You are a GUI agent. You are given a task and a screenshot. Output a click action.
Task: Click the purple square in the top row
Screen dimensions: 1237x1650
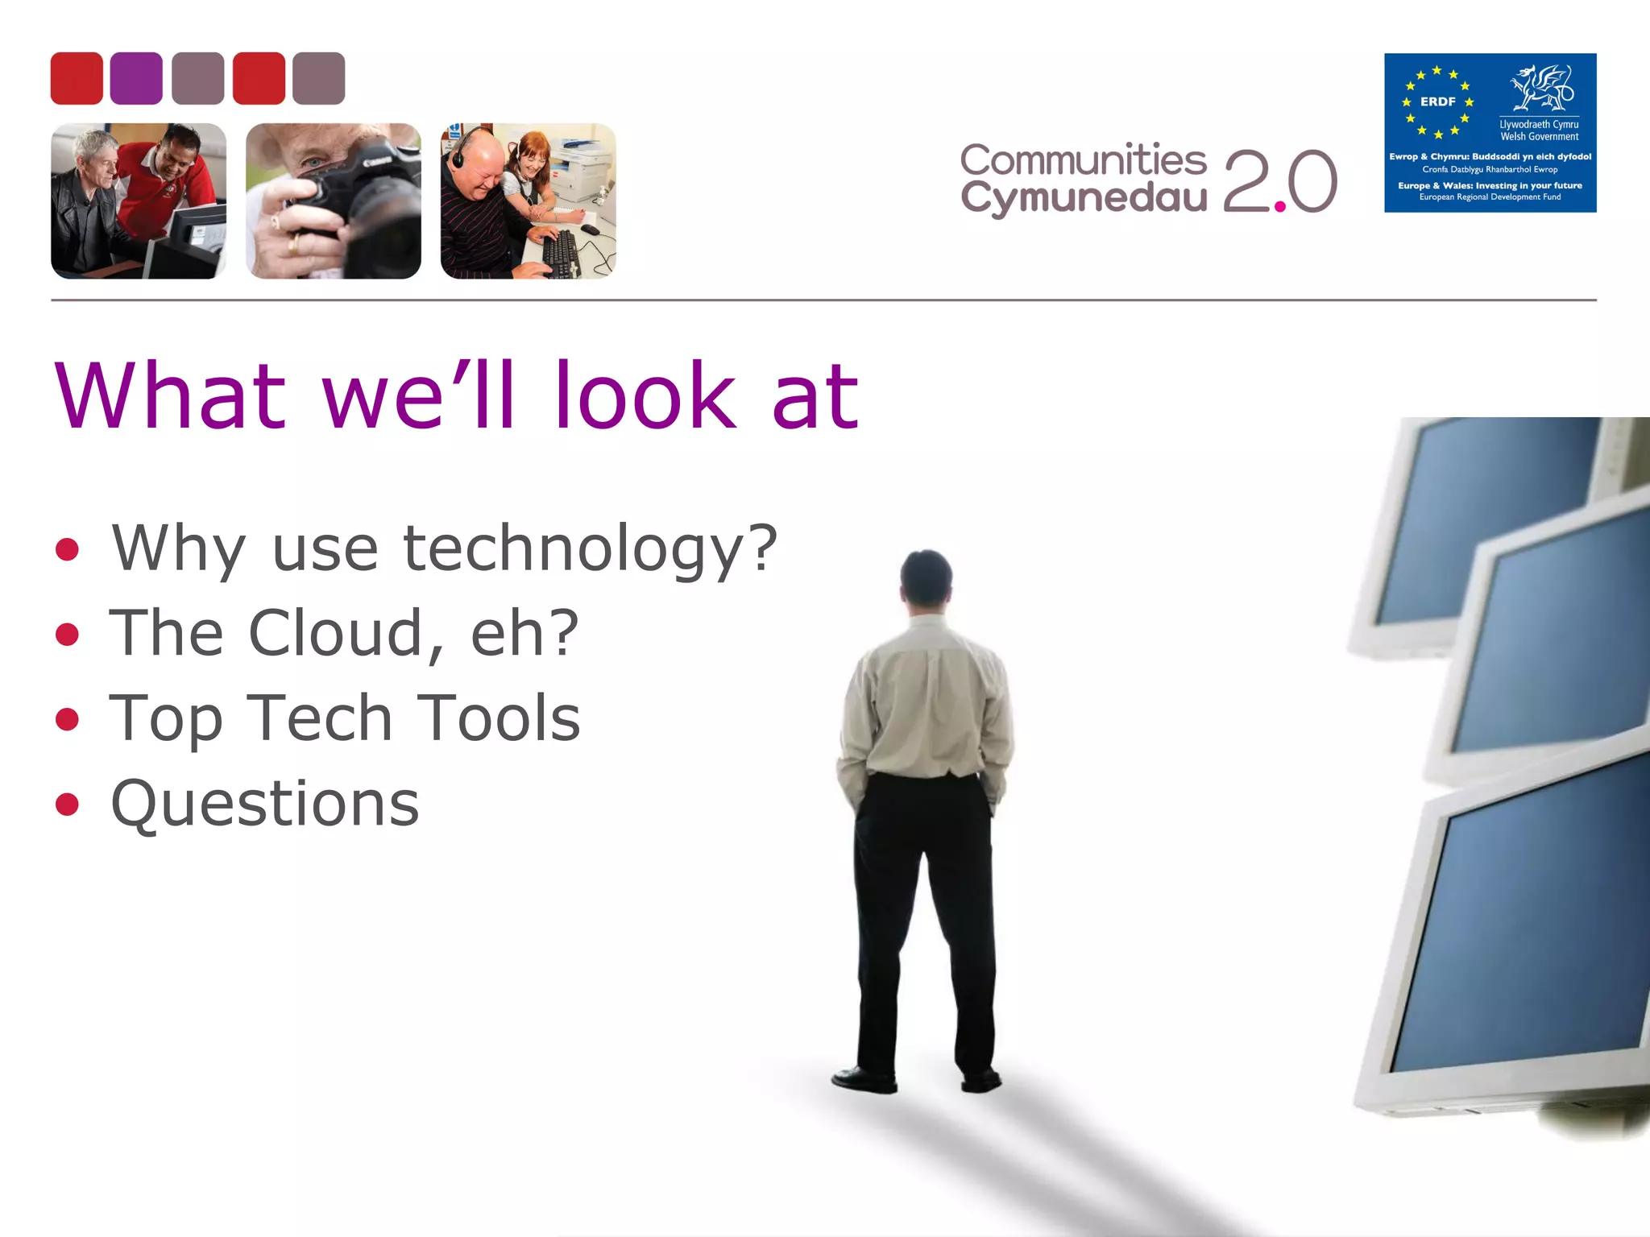(136, 78)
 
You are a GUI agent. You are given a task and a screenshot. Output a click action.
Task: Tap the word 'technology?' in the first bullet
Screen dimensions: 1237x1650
(590, 549)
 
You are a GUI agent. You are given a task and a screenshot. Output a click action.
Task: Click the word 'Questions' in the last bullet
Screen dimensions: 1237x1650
(265, 804)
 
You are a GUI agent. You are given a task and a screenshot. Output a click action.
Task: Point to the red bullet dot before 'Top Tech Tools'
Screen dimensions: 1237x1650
(68, 718)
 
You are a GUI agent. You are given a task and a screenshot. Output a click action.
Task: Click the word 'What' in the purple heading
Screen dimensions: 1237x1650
(170, 396)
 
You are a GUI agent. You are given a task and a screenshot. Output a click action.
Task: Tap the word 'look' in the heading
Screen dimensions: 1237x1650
(645, 396)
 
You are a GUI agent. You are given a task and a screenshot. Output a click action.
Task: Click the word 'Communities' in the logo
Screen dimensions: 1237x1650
(1083, 160)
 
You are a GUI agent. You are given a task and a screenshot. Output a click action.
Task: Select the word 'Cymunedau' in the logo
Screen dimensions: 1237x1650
(1083, 197)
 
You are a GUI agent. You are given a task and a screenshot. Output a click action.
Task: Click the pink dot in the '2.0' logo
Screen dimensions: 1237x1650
(1279, 207)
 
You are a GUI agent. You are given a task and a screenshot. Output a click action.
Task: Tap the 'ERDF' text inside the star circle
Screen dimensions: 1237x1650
(1438, 102)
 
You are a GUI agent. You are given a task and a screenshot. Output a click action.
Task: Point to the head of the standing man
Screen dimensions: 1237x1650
(927, 577)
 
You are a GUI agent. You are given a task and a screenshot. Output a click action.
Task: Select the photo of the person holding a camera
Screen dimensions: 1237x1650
(334, 201)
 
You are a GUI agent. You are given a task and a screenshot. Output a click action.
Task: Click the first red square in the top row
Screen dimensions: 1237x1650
(77, 78)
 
